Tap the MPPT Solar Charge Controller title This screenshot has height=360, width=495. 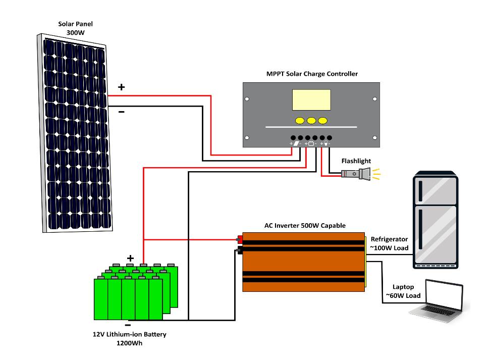coord(312,74)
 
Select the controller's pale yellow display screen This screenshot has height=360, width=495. coord(311,100)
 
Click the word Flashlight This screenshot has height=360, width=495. coord(356,161)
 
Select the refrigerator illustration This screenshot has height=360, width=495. coord(435,220)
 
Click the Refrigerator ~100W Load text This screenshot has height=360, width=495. coord(389,243)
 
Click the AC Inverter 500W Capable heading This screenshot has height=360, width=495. coord(305,226)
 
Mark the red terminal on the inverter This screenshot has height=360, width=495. coord(240,239)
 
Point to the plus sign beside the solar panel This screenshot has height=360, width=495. coord(121,87)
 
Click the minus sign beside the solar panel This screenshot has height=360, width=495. coord(121,112)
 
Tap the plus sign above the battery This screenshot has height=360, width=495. coord(130,258)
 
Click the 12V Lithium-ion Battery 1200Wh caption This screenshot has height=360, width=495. coord(129,339)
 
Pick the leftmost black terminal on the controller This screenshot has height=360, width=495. coord(293,137)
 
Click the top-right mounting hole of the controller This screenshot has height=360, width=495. coord(374,99)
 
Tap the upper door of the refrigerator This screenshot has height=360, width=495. coord(435,189)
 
